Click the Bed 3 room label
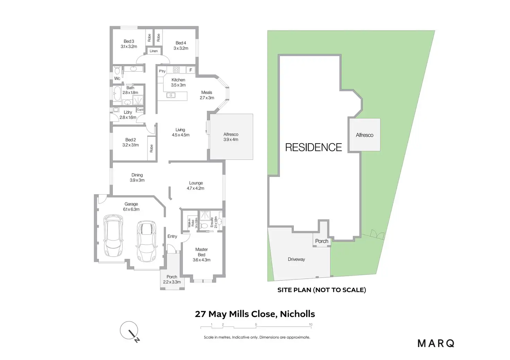129,44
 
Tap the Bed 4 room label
181,46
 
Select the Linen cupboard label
153,51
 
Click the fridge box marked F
191,70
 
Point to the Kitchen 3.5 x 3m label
178,82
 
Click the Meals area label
207,95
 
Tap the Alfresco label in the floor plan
231,137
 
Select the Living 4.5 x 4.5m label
181,132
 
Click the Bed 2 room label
131,142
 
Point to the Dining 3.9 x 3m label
137,178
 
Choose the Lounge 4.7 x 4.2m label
196,186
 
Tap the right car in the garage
146,241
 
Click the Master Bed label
201,254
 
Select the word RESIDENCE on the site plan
313,147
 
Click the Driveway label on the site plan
296,259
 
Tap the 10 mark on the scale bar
310,325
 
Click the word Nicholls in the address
297,314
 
